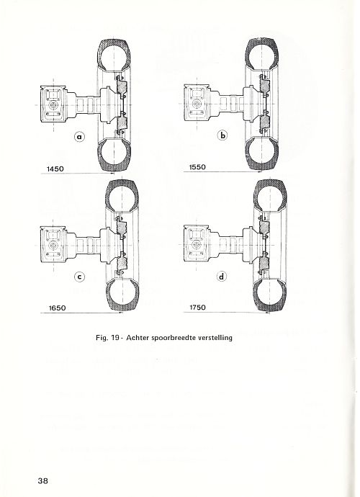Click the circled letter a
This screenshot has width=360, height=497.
[79, 137]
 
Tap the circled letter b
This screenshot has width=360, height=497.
[222, 135]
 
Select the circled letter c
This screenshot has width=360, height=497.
[79, 277]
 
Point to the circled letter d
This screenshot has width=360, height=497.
[222, 277]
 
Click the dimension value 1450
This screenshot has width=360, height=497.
[55, 169]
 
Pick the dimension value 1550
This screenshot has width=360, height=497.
[197, 167]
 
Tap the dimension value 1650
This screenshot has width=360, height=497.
[57, 308]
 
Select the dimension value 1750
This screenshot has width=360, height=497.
[197, 308]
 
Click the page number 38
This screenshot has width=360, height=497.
[42, 481]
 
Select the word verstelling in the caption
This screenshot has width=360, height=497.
[215, 338]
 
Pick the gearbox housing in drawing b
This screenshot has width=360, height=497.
[197, 104]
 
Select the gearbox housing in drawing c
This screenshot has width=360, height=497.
[53, 244]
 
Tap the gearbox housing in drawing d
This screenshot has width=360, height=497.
[197, 244]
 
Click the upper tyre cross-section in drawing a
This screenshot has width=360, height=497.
[114, 55]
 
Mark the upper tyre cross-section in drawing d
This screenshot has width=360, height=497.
[270, 197]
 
